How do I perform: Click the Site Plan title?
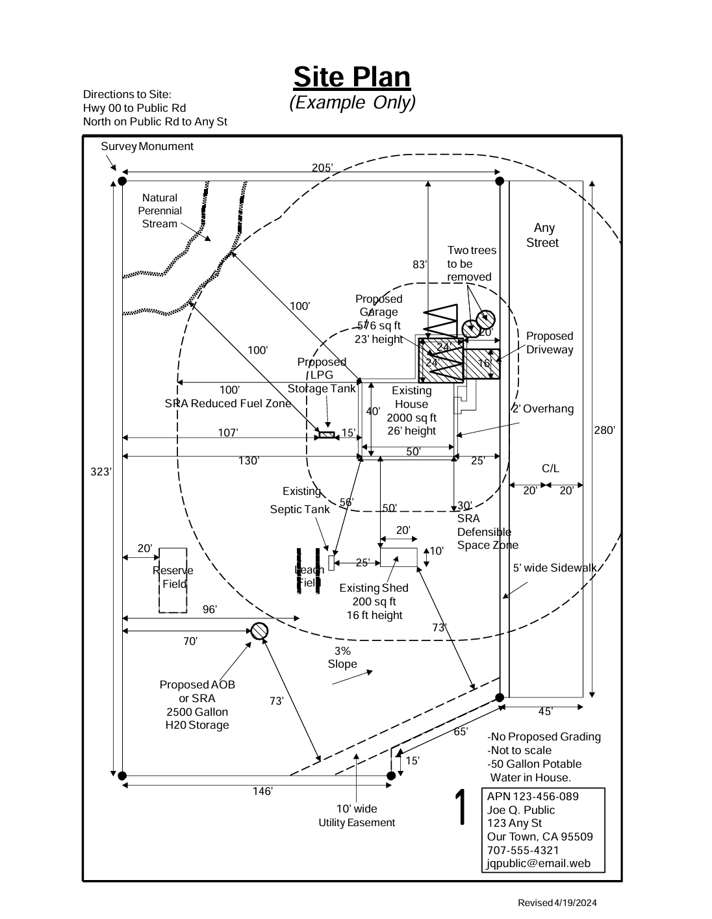click(x=351, y=77)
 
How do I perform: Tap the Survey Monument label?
click(x=147, y=147)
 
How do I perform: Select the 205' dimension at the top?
click(x=322, y=168)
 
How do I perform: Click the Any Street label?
click(x=543, y=235)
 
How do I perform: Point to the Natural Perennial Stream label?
click(x=160, y=211)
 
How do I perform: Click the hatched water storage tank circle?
click(x=259, y=631)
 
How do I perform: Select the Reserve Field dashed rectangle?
click(x=173, y=579)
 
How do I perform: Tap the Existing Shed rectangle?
click(x=398, y=557)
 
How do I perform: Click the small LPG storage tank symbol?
click(x=326, y=434)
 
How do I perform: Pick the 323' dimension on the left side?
click(x=101, y=472)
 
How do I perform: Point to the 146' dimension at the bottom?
click(x=262, y=791)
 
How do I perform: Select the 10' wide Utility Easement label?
click(x=357, y=816)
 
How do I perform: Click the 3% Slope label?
click(x=342, y=657)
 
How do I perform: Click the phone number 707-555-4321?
click(x=523, y=850)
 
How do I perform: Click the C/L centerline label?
click(x=550, y=469)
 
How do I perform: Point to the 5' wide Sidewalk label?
click(x=554, y=568)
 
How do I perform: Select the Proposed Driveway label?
click(x=550, y=343)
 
